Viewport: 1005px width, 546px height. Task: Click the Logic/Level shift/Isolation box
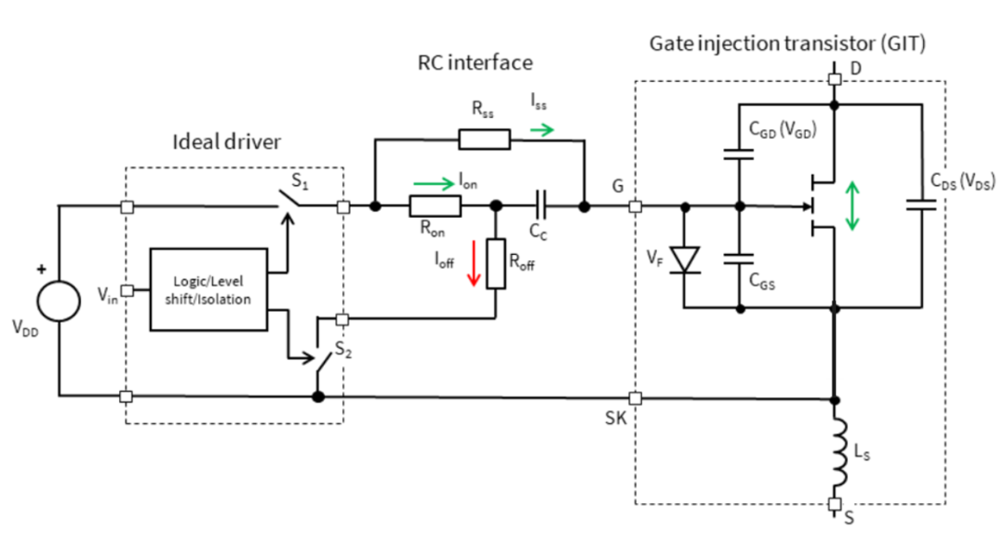click(208, 289)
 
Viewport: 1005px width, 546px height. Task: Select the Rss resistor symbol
click(485, 140)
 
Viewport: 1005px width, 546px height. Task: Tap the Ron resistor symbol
click(435, 206)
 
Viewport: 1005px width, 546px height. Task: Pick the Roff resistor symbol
click(495, 263)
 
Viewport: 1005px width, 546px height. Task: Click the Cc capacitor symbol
click(541, 206)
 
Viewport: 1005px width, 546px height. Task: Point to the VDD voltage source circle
click(59, 300)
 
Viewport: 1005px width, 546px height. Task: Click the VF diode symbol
click(685, 260)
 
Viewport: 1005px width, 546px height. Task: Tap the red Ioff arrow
click(474, 262)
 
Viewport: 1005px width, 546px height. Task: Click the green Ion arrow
click(434, 184)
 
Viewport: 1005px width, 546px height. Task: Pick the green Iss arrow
click(542, 130)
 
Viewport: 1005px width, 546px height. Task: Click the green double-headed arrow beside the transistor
click(851, 206)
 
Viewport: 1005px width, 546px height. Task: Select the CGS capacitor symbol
click(739, 259)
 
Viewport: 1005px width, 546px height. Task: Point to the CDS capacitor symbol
click(921, 205)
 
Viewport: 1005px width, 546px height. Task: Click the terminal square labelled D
click(835, 79)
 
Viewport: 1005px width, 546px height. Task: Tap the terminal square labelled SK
click(636, 398)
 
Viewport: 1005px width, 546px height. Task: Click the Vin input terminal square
click(127, 290)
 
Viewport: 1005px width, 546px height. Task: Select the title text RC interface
click(475, 62)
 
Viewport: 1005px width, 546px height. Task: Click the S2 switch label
click(343, 350)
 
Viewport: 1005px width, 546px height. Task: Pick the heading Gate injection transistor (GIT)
click(788, 44)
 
